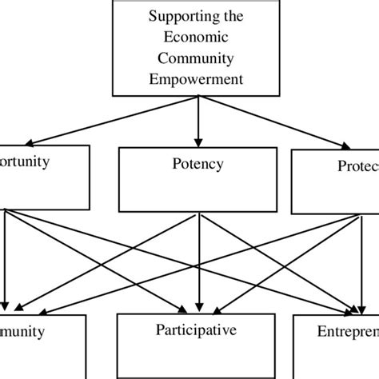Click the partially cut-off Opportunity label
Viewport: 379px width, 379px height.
click(25, 161)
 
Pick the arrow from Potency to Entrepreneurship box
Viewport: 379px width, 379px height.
click(280, 264)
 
